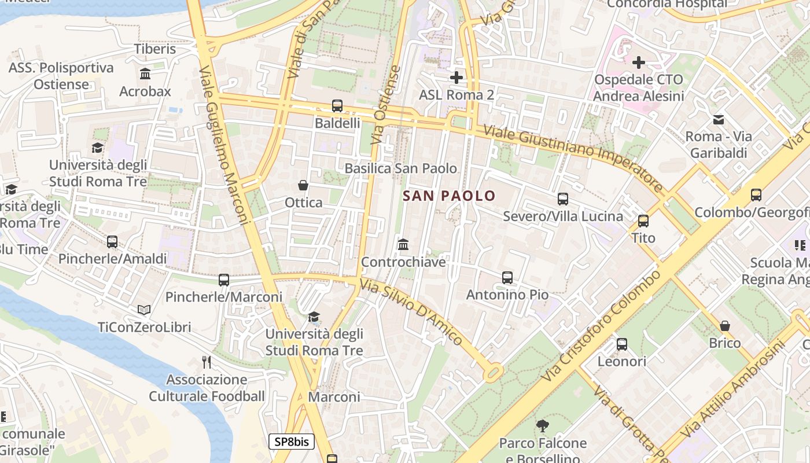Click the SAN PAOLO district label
pyautogui.click(x=449, y=196)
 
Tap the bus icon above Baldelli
pyautogui.click(x=337, y=106)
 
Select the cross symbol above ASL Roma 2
pyautogui.click(x=456, y=77)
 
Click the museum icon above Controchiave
pyautogui.click(x=403, y=245)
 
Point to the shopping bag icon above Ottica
pyautogui.click(x=303, y=185)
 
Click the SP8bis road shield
pyautogui.click(x=292, y=442)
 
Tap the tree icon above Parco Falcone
pyautogui.click(x=542, y=426)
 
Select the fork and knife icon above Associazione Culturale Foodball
pyautogui.click(x=206, y=362)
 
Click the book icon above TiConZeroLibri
pyautogui.click(x=144, y=310)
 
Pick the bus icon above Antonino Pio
pyautogui.click(x=507, y=278)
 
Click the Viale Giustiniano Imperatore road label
pyautogui.click(x=573, y=159)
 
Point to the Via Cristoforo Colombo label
pyautogui.click(x=602, y=325)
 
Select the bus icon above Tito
pyautogui.click(x=643, y=221)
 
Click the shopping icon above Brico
pyautogui.click(x=725, y=326)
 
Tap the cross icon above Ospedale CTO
pyautogui.click(x=639, y=62)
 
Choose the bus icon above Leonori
pyautogui.click(x=622, y=344)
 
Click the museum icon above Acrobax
pyautogui.click(x=145, y=74)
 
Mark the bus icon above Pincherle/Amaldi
pyautogui.click(x=112, y=242)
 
